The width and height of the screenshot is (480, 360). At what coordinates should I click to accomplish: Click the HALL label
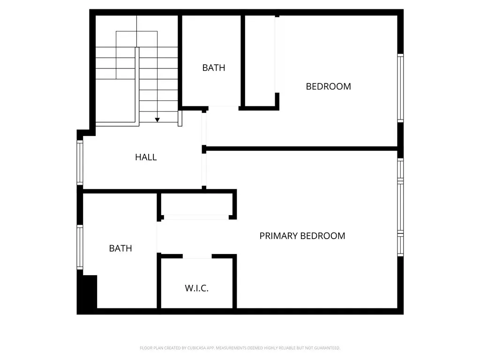pyautogui.click(x=146, y=157)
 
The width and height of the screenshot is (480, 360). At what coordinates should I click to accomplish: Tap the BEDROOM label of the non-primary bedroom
pyautogui.click(x=328, y=86)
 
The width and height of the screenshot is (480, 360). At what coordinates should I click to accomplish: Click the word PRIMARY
pyautogui.click(x=278, y=236)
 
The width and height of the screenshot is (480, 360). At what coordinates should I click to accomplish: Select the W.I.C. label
pyautogui.click(x=196, y=288)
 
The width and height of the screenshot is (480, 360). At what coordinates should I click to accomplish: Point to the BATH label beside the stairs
pyautogui.click(x=214, y=67)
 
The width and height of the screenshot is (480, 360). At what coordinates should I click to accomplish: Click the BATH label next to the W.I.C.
pyautogui.click(x=120, y=248)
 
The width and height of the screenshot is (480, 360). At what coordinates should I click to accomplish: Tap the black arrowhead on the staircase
pyautogui.click(x=157, y=120)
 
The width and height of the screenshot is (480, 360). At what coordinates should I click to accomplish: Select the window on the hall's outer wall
pyautogui.click(x=80, y=163)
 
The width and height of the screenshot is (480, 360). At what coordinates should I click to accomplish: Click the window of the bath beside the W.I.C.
pyautogui.click(x=80, y=247)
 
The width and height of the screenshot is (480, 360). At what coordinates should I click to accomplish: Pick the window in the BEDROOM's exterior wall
pyautogui.click(x=400, y=88)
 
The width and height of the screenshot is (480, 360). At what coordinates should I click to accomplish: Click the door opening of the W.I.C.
pyautogui.click(x=197, y=256)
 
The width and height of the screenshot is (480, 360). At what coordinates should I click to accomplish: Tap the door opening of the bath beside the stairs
pyautogui.click(x=224, y=108)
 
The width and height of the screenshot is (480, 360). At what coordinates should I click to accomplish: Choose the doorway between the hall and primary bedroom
pyautogui.click(x=204, y=170)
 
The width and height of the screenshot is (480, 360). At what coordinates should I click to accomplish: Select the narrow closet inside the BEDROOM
pyautogui.click(x=260, y=61)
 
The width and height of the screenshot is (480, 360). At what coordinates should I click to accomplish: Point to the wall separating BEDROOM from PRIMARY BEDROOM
pyautogui.click(x=301, y=149)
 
